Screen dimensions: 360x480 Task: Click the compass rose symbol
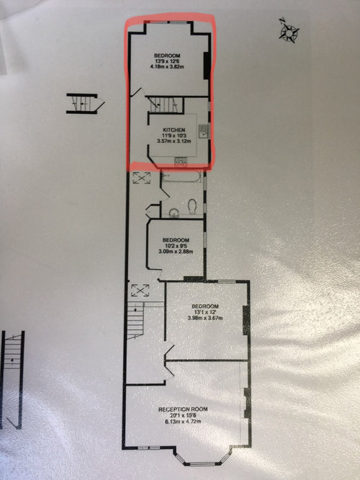pyautogui.click(x=289, y=31)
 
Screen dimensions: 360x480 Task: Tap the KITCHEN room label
pyautogui.click(x=174, y=130)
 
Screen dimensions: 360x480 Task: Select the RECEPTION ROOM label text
pyautogui.click(x=183, y=409)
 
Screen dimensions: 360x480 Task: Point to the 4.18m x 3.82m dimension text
pyautogui.click(x=167, y=66)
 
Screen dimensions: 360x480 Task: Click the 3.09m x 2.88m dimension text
pyautogui.click(x=176, y=252)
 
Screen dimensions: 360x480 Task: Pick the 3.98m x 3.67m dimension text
pyautogui.click(x=205, y=318)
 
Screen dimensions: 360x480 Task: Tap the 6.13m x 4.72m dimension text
pyautogui.click(x=183, y=421)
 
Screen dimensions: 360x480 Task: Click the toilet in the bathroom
pyautogui.click(x=192, y=207)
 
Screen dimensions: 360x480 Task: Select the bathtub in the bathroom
pyautogui.click(x=181, y=177)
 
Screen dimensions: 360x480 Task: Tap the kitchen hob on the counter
pyautogui.click(x=181, y=161)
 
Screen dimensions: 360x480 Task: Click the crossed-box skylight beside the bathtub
pyautogui.click(x=142, y=178)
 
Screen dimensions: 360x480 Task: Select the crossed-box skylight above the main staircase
pyautogui.click(x=140, y=290)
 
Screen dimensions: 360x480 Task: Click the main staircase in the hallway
pyautogui.click(x=135, y=321)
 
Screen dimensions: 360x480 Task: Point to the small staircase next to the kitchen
pyautogui.click(x=165, y=105)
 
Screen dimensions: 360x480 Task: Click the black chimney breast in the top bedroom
pyautogui.click(x=207, y=66)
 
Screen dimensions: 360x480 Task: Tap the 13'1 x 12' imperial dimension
pyautogui.click(x=205, y=312)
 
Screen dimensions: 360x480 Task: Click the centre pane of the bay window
pyautogui.click(x=202, y=464)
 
